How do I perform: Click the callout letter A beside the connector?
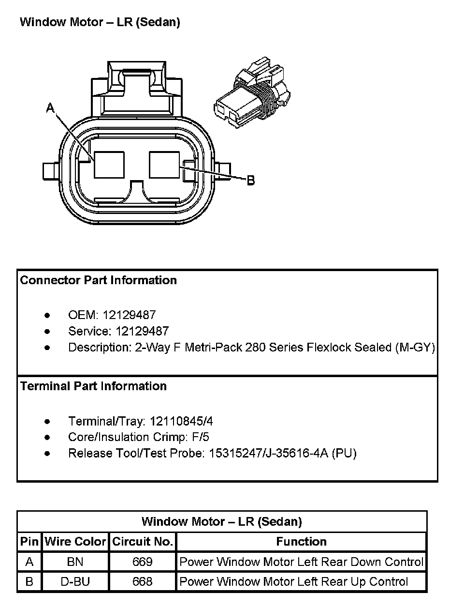point(50,108)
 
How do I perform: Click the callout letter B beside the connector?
point(251,181)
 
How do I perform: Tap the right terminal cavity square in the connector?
point(165,165)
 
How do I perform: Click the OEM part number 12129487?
point(129,315)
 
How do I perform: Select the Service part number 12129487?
point(142,331)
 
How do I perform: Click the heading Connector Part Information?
point(99,280)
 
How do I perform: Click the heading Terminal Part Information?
point(93,386)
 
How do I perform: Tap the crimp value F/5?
point(200,437)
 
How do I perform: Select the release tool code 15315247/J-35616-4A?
point(269,454)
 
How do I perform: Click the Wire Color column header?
point(75,542)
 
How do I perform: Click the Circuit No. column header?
point(143,542)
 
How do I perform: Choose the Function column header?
point(301,542)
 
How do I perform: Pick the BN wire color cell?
point(75,562)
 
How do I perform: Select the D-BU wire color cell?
point(75,582)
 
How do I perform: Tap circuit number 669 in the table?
point(143,562)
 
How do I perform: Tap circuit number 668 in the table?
point(143,582)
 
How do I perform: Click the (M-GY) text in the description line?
point(415,348)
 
